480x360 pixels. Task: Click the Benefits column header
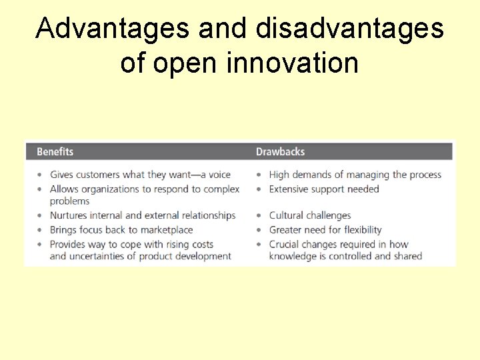55,152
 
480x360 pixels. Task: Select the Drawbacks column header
280,152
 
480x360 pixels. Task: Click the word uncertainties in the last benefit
95,256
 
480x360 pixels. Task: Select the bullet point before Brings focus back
41,230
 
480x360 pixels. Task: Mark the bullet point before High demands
261,175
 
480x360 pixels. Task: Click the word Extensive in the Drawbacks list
290,189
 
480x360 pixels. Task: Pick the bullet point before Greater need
261,230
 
